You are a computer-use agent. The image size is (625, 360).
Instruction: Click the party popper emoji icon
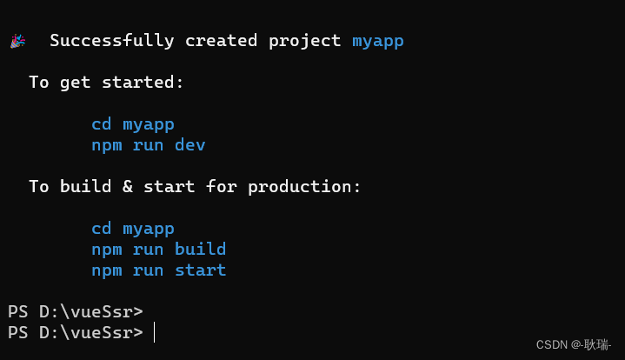18,41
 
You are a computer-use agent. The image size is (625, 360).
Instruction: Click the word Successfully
110,41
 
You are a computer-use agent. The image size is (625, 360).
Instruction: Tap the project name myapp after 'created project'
378,41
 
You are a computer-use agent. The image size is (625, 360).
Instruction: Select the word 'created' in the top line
221,41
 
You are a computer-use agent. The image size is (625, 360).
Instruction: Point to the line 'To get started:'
107,83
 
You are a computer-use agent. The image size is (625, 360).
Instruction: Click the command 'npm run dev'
148,144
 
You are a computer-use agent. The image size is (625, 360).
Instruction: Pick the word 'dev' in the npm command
189,144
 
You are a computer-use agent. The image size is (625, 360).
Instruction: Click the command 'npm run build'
158,250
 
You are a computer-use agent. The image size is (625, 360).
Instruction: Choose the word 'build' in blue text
200,250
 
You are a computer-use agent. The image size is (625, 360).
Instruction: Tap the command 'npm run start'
158,270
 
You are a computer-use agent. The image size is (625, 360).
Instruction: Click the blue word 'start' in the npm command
200,270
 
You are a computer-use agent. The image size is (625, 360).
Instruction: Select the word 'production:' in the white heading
304,187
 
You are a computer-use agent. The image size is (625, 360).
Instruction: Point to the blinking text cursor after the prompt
154,332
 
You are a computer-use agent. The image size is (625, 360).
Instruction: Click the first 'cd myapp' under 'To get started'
133,123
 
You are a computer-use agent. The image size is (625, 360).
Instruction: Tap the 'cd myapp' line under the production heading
133,229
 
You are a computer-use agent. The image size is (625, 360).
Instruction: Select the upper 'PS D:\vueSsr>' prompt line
75,311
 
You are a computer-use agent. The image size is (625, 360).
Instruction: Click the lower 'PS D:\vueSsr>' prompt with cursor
75,332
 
